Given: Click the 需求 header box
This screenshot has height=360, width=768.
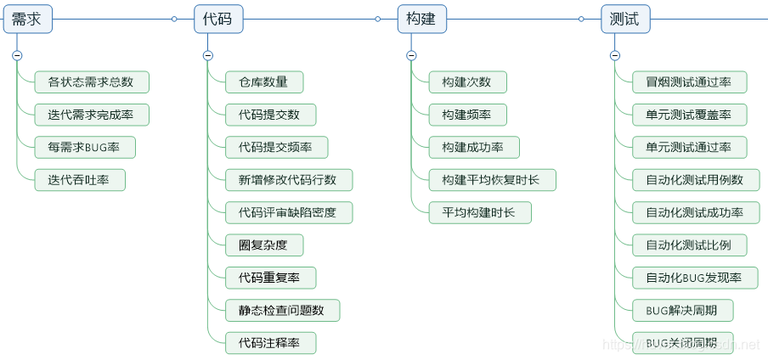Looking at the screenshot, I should point(27,19).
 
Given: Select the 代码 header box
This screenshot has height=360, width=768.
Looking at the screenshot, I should point(217,19).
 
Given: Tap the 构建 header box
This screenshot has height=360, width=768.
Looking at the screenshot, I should point(421,19).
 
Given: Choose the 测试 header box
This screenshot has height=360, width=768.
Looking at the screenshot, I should point(625,19).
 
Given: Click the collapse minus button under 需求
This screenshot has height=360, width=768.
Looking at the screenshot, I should point(17,55).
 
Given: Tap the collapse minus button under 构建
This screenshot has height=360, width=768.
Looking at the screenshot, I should point(411,55).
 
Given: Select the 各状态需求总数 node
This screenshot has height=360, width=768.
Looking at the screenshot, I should point(91,82).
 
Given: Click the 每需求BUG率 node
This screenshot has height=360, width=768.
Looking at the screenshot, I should point(84,147).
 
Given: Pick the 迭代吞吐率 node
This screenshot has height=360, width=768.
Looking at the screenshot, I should point(80,180).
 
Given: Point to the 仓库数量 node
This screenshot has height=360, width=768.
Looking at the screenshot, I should point(263,82).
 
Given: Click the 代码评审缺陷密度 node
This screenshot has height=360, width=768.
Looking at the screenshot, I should point(288,212).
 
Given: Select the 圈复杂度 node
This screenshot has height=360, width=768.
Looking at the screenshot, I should point(263,245).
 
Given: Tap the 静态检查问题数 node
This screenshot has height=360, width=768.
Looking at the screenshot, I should point(282,311).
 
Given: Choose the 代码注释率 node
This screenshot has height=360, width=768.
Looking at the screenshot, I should point(270,343).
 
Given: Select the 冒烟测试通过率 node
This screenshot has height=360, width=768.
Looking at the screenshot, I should point(689,82).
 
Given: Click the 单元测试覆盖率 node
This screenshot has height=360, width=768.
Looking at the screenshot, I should point(689,115).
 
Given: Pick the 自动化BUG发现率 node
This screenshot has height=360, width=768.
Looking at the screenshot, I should point(695,278).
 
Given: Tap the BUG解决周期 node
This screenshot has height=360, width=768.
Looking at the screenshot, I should point(682,311).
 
